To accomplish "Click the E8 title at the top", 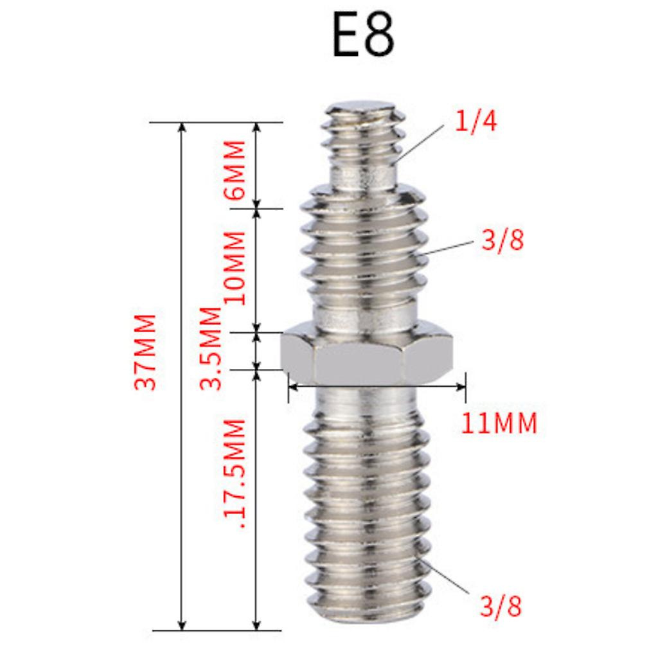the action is pos(364,35).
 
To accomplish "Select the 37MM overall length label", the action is pos(145,351).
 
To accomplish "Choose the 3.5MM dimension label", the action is pos(211,348).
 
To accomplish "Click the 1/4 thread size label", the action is pos(476,121).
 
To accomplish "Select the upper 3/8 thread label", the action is pos(502,240).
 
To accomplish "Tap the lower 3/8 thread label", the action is pos(501,606).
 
